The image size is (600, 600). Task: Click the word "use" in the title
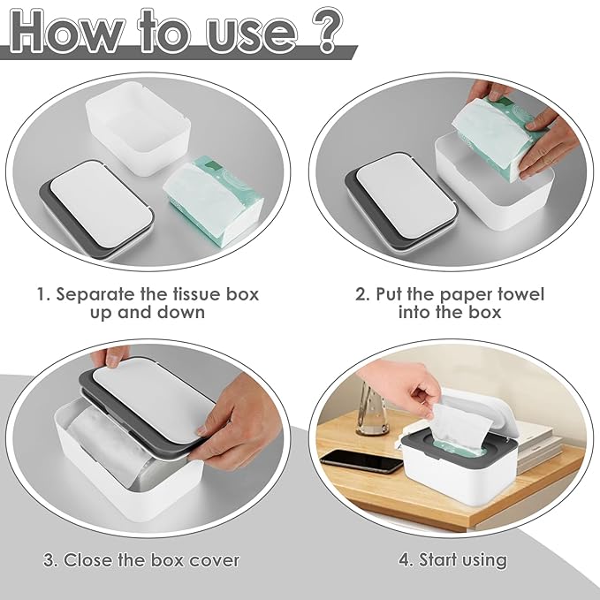pos(248,31)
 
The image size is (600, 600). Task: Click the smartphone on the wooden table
pos(362,460)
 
